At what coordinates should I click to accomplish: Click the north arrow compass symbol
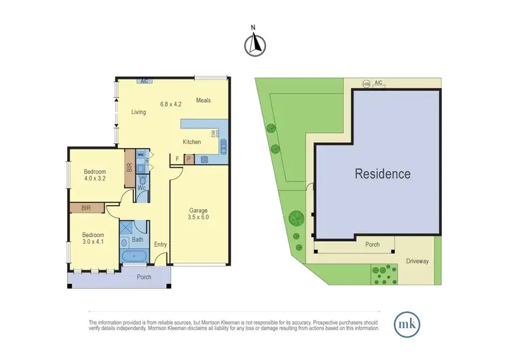coord(254,43)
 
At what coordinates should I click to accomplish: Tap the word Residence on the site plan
coord(383,174)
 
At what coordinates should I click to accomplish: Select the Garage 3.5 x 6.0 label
coord(198,215)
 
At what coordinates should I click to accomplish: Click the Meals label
coord(204,101)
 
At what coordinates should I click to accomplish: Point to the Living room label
coord(138,112)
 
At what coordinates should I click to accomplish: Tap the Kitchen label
coord(192,142)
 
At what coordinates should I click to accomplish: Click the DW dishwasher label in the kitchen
coord(212,134)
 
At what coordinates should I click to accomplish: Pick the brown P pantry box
coord(189,159)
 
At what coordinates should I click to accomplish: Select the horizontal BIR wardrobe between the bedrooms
coord(86,207)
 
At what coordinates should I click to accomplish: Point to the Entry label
coord(160,245)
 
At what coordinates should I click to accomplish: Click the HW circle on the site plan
coord(366,84)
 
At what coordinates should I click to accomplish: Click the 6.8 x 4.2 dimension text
coord(171,104)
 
